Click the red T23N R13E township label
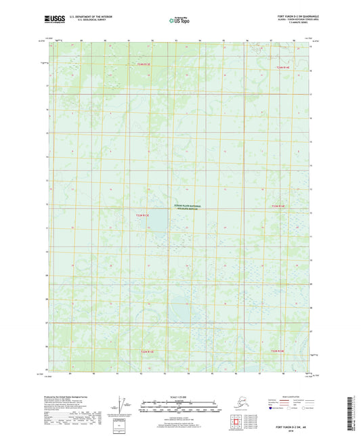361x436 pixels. [142, 215]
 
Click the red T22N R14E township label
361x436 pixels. [278, 351]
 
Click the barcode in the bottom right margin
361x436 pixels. [355, 414]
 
